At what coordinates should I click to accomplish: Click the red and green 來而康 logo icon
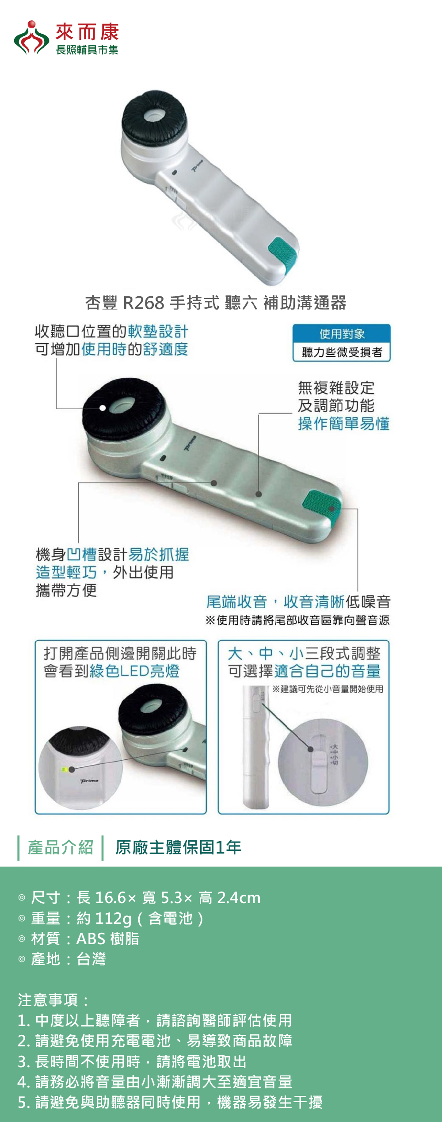point(31,38)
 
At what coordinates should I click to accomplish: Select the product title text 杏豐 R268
point(125,303)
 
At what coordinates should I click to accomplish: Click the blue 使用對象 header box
point(342,333)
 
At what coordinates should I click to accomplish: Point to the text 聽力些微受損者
point(342,352)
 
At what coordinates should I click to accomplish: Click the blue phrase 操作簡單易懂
point(343,424)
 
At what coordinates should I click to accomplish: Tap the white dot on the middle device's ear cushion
point(103,408)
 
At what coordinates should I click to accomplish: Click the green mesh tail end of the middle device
point(323,504)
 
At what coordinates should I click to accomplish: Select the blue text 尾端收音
point(236,602)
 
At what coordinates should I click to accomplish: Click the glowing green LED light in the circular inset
point(65,770)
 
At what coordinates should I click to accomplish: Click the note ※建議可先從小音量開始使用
point(328,689)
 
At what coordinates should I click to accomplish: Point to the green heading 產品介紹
point(61,847)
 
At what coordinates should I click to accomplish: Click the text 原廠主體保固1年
point(178,847)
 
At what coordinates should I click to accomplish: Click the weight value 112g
point(114,919)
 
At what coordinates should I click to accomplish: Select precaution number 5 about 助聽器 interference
point(170,1102)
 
